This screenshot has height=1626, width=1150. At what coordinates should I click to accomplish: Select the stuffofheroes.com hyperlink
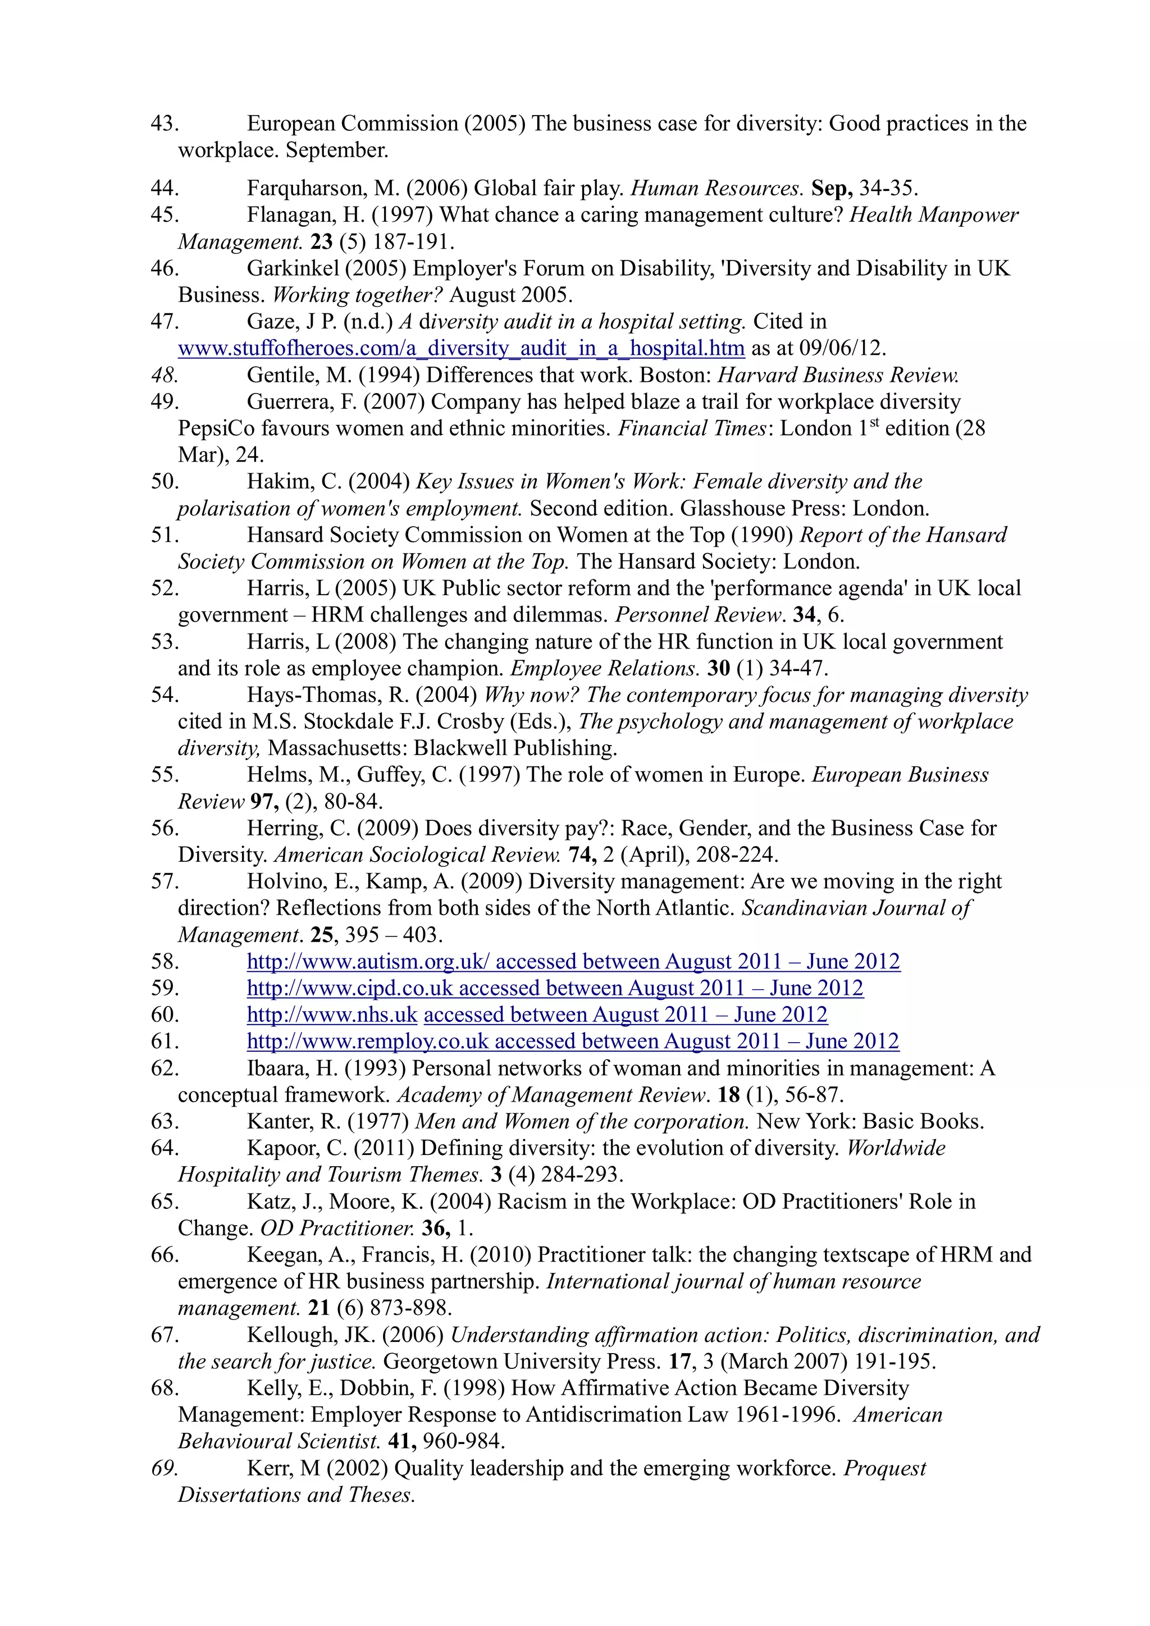(x=460, y=349)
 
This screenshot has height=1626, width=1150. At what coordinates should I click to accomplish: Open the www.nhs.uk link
(x=331, y=1015)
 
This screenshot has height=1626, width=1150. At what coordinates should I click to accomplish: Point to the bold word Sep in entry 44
(x=830, y=189)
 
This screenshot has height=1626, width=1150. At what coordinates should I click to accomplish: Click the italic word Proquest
(x=884, y=1469)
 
